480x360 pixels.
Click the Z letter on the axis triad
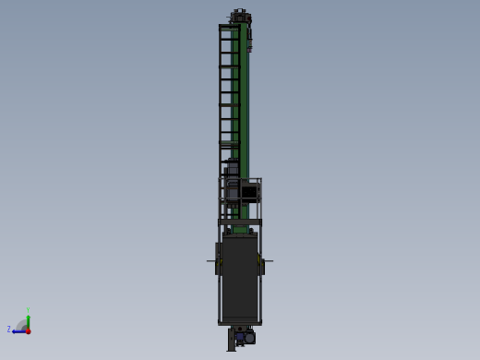tap(9, 330)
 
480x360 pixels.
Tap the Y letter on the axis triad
tap(28, 310)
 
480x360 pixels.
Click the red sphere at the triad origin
tap(28, 330)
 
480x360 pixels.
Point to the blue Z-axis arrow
tap(18, 330)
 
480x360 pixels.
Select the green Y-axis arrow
tap(28, 320)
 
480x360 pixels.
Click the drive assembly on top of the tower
tap(240, 16)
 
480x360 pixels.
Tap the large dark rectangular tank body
tap(240, 277)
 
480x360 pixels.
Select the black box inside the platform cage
tap(249, 193)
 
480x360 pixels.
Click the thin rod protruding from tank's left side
tap(211, 261)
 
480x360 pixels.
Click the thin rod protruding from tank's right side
tap(269, 261)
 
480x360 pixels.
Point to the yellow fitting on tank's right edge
tap(262, 266)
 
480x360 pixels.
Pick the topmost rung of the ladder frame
tap(228, 27)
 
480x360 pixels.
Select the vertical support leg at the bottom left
tap(231, 342)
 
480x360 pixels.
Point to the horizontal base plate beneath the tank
tap(240, 323)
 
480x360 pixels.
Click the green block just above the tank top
tap(241, 229)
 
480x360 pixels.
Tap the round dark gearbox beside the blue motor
tap(250, 338)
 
